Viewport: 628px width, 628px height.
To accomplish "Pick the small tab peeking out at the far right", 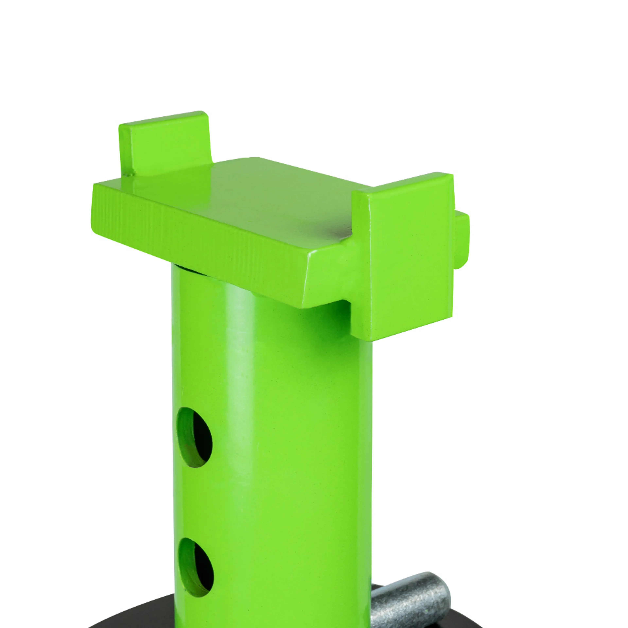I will click(462, 241).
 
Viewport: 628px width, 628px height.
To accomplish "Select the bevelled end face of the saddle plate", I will click(325, 279).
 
